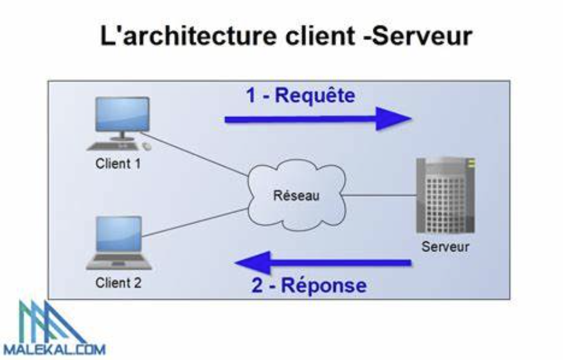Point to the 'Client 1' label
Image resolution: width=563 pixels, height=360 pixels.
pyautogui.click(x=118, y=163)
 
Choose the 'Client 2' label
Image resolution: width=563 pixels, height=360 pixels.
pyautogui.click(x=118, y=282)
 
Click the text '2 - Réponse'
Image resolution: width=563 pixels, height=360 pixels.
pyautogui.click(x=308, y=285)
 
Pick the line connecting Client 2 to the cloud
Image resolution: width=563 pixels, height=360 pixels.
pyautogui.click(x=193, y=222)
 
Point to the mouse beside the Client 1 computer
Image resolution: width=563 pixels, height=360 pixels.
pyautogui.click(x=147, y=147)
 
